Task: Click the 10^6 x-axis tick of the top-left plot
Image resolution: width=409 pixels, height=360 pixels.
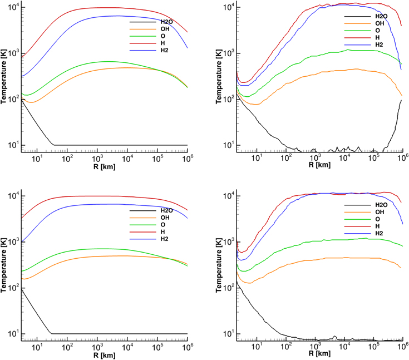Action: (x=186, y=159)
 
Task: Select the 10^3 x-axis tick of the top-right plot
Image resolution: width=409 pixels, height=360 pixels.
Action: (x=316, y=159)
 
